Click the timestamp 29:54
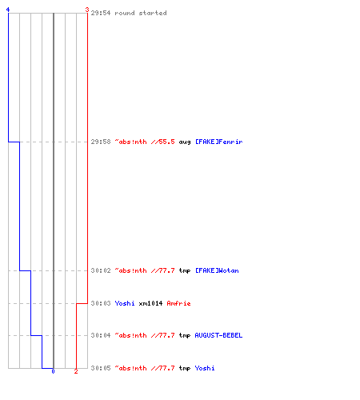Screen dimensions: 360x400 (101, 13)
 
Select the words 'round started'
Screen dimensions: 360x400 (141, 13)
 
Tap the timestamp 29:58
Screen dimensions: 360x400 (101, 142)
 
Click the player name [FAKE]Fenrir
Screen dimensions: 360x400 (218, 142)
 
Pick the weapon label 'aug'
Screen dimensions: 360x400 (185, 142)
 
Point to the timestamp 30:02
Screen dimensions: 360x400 (101, 270)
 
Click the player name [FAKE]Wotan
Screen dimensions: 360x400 (217, 270)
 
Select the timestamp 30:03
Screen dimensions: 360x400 (101, 303)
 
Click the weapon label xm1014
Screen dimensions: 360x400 (150, 303)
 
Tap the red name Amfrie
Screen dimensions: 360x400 (178, 303)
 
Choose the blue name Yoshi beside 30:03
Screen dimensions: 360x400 (125, 303)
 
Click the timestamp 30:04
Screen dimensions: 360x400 (101, 335)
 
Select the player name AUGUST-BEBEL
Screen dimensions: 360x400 (218, 335)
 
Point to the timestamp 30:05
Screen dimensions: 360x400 (101, 368)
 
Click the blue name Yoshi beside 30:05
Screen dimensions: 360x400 (205, 368)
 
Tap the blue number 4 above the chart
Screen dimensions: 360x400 (8, 10)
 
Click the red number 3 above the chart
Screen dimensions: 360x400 (87, 10)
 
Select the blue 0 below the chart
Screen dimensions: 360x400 (53, 371)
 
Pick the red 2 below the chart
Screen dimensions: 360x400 (76, 371)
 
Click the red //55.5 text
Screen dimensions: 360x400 (162, 142)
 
